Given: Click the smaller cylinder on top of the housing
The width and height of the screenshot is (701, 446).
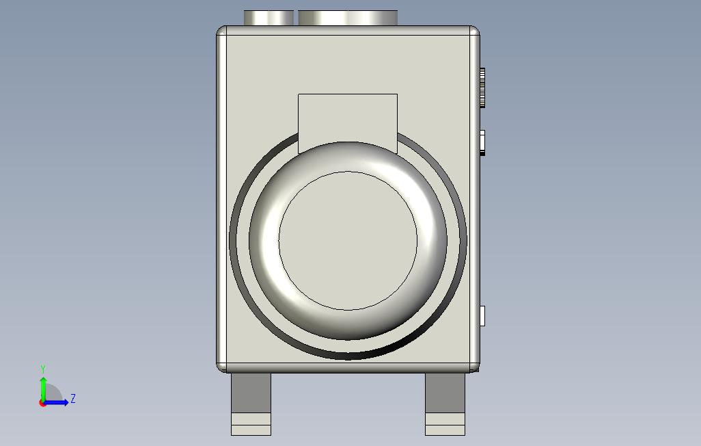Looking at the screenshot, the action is click(269, 18).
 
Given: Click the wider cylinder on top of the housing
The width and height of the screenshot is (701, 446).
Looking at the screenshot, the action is click(348, 18).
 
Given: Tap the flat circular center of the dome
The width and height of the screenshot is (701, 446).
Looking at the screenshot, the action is click(348, 241).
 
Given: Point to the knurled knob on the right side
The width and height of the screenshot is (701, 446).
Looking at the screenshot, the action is click(482, 88).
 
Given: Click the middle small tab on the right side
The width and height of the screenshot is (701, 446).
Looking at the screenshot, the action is click(482, 143).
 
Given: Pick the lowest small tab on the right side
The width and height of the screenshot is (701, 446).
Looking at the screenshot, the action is click(482, 316).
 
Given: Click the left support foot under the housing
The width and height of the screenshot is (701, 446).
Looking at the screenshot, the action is click(251, 404).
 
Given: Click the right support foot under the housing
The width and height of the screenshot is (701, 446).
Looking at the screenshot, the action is click(445, 404).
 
